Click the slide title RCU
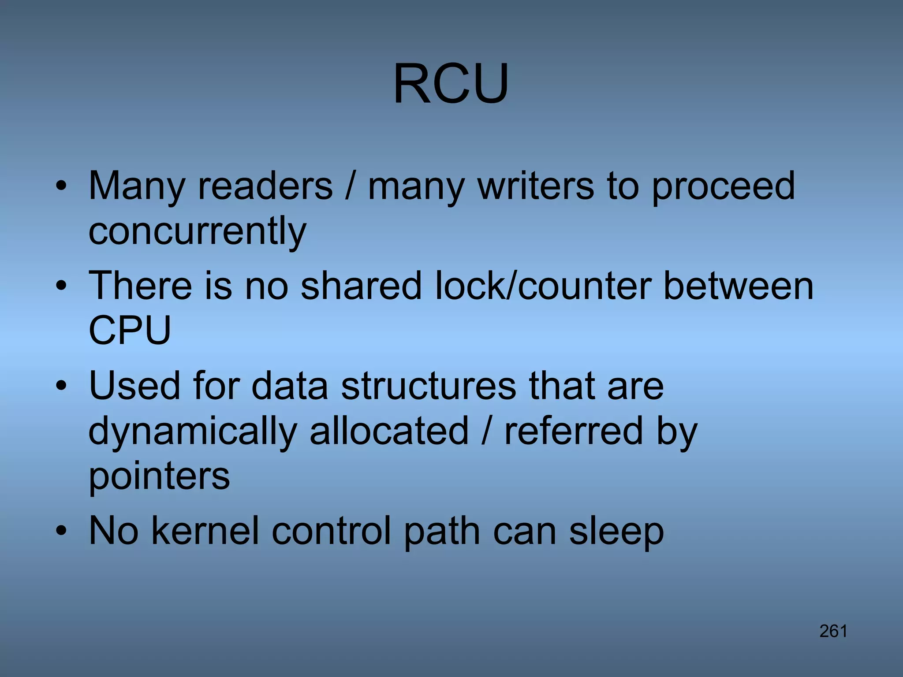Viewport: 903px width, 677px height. [451, 84]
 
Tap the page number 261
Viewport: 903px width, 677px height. [833, 632]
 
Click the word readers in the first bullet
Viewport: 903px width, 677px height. [265, 186]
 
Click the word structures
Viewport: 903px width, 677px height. [428, 386]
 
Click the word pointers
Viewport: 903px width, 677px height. [159, 477]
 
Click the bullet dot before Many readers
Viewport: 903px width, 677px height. [61, 186]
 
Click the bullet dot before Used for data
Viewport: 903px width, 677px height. [61, 386]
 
